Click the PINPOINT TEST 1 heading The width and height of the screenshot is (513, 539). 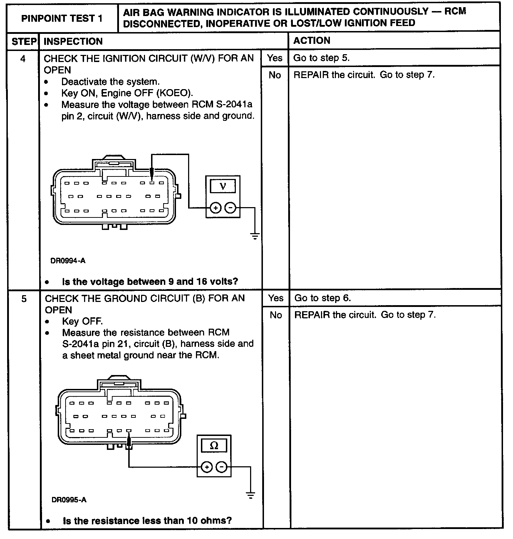(62, 18)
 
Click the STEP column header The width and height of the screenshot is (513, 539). (24, 41)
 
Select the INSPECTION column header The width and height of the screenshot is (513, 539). (73, 41)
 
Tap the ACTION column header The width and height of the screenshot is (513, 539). (312, 41)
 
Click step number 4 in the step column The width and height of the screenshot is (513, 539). (23, 59)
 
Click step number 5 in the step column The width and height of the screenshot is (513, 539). (24, 299)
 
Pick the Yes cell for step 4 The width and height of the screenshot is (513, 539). (275, 58)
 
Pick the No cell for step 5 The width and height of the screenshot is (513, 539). (276, 315)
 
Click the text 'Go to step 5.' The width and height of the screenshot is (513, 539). (321, 58)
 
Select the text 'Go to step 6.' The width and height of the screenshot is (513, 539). (322, 298)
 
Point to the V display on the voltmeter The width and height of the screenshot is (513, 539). (223, 186)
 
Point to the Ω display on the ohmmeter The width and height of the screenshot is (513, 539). (214, 445)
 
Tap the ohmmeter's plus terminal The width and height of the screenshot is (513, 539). (207, 467)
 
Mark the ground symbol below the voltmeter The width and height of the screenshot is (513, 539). (255, 236)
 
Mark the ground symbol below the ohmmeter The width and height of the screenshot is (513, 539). (250, 495)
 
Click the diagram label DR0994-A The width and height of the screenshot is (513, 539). (68, 261)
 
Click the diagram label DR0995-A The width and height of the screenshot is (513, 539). (69, 500)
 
